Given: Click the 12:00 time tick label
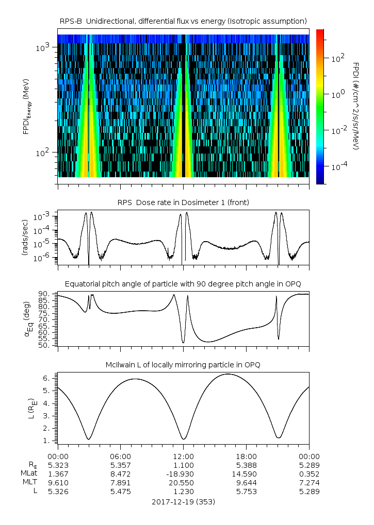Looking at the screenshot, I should [x=183, y=456].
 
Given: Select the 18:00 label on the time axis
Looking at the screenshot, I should [x=246, y=456].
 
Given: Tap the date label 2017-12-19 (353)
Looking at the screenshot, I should [x=183, y=501].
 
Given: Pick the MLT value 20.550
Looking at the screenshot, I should [x=183, y=482].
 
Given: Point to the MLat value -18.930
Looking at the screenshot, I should [x=183, y=473].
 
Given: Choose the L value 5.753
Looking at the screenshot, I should [x=246, y=492].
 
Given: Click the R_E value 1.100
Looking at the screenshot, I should [x=183, y=465].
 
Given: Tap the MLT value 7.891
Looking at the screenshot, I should [x=120, y=482].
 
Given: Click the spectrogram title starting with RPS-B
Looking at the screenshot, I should [x=183, y=21].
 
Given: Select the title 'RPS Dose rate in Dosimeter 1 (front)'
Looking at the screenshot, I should [x=183, y=202].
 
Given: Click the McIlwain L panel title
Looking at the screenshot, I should [x=183, y=365].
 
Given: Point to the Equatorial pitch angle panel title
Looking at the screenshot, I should [x=183, y=284].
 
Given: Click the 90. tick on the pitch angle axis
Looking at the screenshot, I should [x=44, y=294].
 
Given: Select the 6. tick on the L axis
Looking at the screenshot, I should [x=47, y=378].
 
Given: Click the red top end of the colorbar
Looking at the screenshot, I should [x=320, y=32].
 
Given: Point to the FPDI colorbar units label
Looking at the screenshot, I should [x=356, y=106].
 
